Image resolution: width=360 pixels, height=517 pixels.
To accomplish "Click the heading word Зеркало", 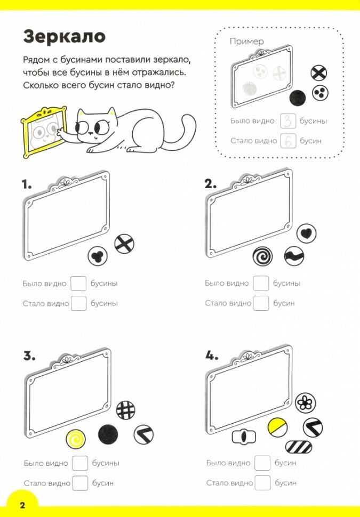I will pos(64,37).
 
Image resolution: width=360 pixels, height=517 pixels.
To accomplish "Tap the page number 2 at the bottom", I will pos(22,505).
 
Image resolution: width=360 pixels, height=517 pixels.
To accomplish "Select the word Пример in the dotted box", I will pos(246,41).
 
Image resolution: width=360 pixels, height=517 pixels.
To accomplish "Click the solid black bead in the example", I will pos(298,98).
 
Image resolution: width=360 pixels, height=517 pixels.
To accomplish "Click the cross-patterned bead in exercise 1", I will pos(124,244).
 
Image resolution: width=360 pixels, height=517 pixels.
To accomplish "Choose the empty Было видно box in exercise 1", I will pos(78,283).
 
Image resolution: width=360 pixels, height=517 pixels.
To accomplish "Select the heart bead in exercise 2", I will pos(306,233).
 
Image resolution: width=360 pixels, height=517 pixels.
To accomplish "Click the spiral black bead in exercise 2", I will pos(262,256).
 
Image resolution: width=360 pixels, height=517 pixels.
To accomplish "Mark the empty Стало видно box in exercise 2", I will pos(261,303).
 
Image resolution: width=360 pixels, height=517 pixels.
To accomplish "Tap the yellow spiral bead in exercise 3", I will pos(76,439).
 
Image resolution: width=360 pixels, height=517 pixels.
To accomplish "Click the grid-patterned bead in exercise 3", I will pos(126,410).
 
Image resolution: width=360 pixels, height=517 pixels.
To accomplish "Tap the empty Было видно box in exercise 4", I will pos(262,463).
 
